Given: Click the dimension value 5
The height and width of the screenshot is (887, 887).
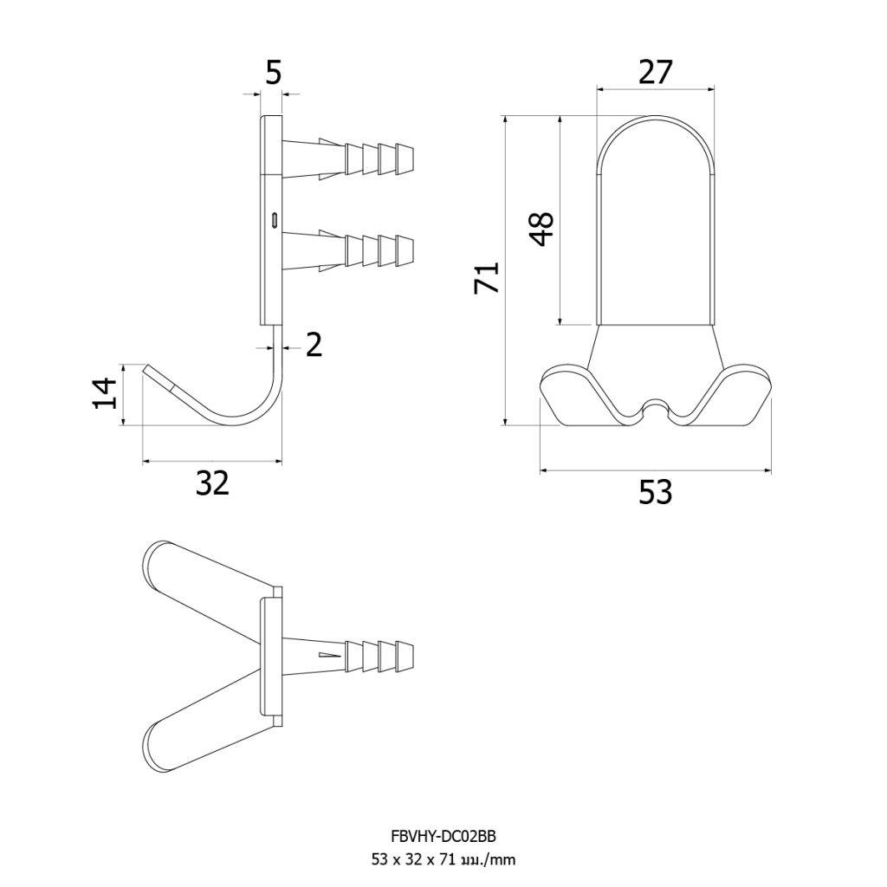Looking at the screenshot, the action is (273, 73).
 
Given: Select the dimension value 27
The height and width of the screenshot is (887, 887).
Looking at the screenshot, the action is (656, 72).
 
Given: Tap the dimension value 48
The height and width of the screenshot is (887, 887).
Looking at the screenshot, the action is (543, 229).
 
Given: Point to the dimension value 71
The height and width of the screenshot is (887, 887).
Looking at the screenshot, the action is (487, 276).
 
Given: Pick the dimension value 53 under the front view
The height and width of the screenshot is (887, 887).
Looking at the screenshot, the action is (656, 492).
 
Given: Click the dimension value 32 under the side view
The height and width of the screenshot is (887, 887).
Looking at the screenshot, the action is (213, 483).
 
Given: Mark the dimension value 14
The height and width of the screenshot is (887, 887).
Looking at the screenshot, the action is (105, 393).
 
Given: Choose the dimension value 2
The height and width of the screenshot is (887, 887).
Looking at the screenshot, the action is (314, 345).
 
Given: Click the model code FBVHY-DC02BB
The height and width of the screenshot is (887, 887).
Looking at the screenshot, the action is (443, 836).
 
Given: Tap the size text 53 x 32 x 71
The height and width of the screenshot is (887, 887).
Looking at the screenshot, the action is (412, 860).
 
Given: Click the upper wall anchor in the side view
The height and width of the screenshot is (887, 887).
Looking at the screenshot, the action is (348, 159).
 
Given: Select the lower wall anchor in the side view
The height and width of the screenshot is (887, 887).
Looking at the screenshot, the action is (348, 250).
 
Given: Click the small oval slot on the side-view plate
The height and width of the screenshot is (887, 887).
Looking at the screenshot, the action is (275, 219).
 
